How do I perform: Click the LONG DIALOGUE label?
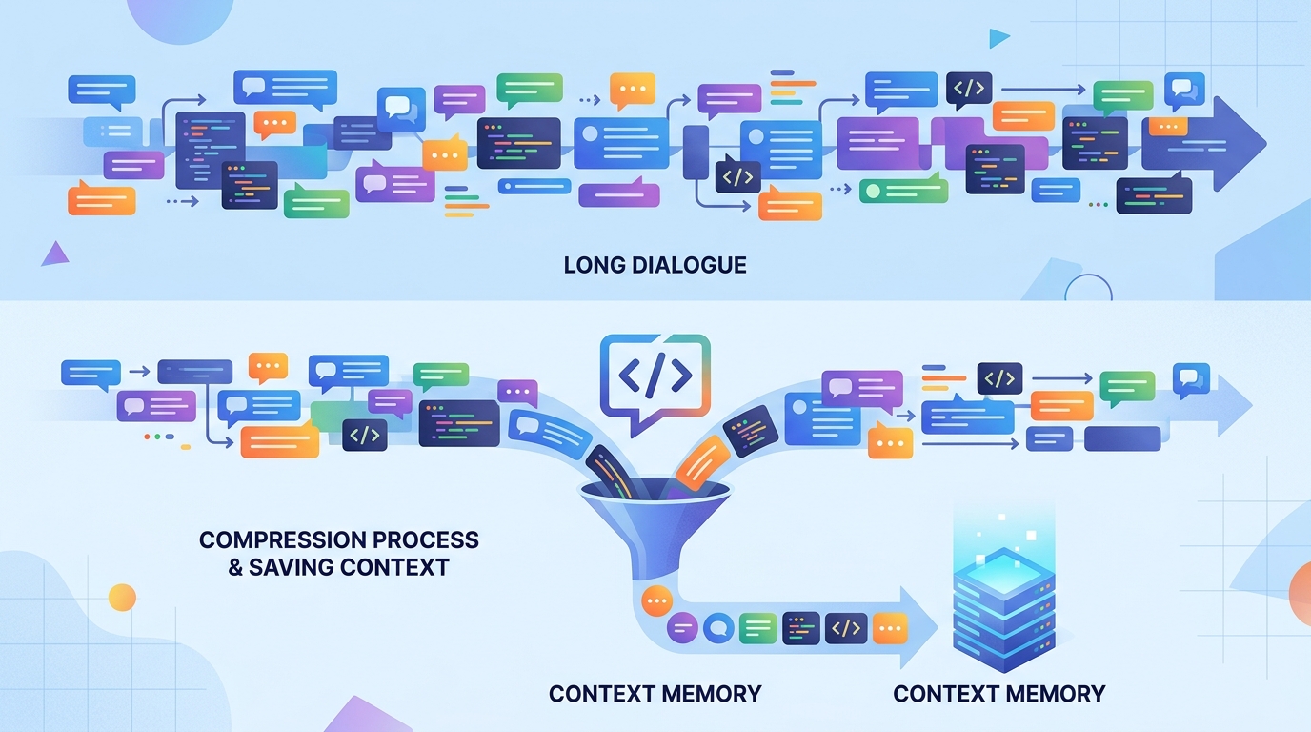[x=655, y=265]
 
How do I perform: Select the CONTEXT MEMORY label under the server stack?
[x=999, y=694]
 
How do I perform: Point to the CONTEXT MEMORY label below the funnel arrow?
[x=655, y=694]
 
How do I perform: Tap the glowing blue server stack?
[x=1004, y=609]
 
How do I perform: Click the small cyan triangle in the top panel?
[x=998, y=39]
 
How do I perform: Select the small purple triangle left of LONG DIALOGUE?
[x=55, y=254]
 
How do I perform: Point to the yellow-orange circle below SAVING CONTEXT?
[x=122, y=598]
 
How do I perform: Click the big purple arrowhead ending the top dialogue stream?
[x=1238, y=144]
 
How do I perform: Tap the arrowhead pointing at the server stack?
[x=918, y=627]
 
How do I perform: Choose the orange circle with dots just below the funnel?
[x=656, y=600]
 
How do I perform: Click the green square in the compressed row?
[x=758, y=628]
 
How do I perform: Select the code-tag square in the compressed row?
[x=846, y=628]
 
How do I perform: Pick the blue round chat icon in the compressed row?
[x=718, y=628]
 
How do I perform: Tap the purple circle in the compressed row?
[x=682, y=628]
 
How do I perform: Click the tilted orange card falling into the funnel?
[x=702, y=462]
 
